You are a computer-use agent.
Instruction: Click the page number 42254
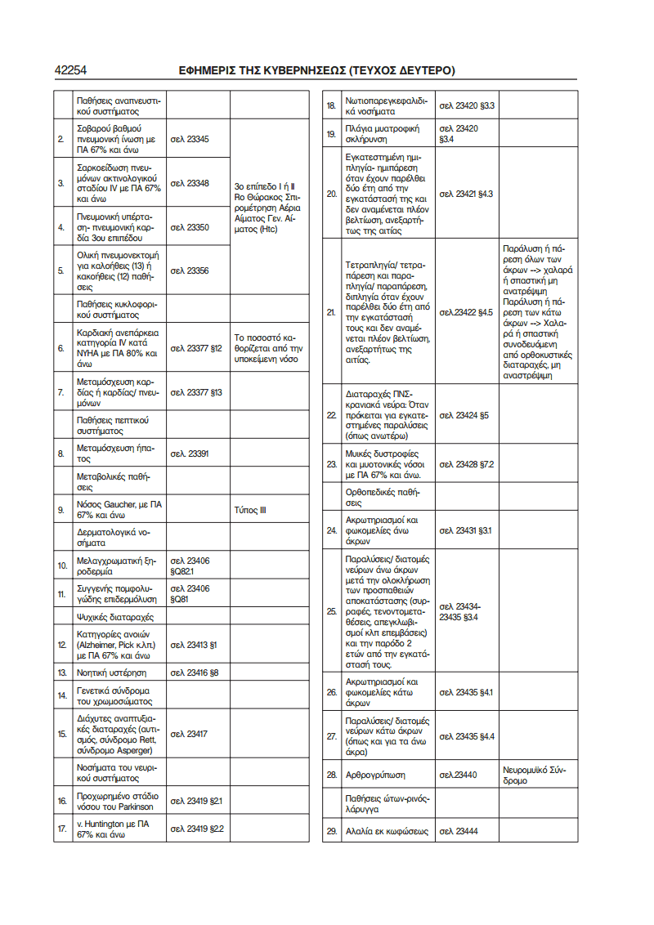[x=71, y=70]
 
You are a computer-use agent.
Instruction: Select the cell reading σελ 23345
[x=190, y=140]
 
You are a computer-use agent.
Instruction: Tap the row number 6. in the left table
[x=61, y=348]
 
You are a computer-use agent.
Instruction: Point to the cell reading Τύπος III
[x=250, y=511]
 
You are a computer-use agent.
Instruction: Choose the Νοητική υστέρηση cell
[x=112, y=673]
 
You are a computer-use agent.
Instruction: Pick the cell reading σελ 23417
[x=189, y=734]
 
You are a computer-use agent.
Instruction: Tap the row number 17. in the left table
[x=61, y=829]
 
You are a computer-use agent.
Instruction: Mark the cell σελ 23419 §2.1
[x=196, y=801]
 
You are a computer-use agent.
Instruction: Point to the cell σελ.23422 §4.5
[x=466, y=312]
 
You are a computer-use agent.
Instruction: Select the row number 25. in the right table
[x=331, y=611]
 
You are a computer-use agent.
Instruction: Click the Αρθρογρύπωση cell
[x=375, y=774]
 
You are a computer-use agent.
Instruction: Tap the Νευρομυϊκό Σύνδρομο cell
[x=535, y=775]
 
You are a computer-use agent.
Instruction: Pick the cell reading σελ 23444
[x=459, y=831]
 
